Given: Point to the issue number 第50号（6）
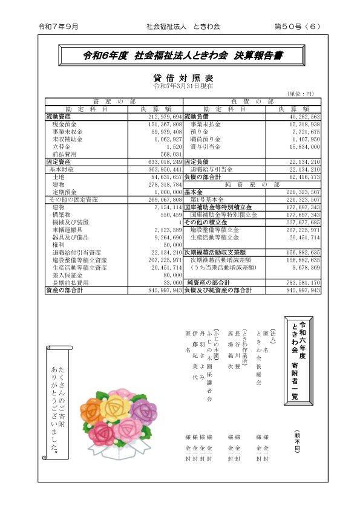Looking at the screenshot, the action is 298,27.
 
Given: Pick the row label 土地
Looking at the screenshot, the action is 59,177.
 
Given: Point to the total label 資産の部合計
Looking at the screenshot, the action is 65,290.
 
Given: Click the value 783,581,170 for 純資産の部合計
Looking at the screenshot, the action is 301,283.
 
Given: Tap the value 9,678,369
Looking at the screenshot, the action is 304,267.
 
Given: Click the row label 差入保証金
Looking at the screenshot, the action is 67,274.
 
